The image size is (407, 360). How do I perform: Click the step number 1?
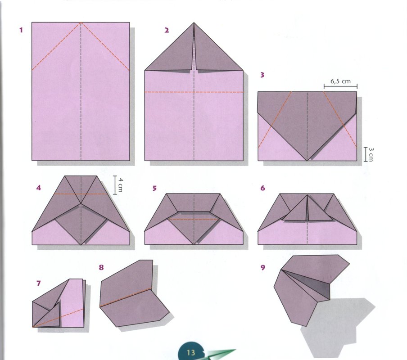[21, 30]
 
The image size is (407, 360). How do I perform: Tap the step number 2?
[167, 30]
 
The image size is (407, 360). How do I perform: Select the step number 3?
[262, 75]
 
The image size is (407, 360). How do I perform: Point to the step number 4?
[39, 188]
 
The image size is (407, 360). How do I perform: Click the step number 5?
[154, 188]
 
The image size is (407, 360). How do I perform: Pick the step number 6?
[262, 188]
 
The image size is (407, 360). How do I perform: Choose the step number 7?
[39, 283]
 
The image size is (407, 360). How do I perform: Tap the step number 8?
[101, 267]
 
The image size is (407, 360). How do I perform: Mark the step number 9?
[262, 267]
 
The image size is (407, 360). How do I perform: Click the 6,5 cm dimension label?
[340, 81]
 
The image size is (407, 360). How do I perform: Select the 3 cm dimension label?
[371, 154]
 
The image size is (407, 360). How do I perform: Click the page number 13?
[191, 352]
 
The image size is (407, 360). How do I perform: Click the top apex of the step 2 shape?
[194, 23]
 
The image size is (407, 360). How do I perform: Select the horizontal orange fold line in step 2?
[194, 92]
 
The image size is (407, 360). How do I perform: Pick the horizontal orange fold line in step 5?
[194, 220]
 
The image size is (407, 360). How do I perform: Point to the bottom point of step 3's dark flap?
[307, 161]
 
